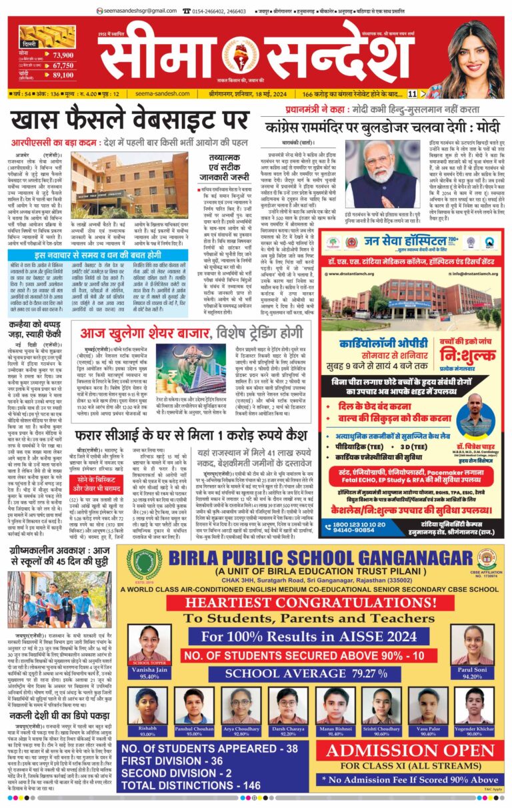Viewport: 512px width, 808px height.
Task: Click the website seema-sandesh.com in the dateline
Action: pyautogui.click(x=164, y=94)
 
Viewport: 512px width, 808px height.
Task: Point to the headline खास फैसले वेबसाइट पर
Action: pyautogui.click(x=127, y=121)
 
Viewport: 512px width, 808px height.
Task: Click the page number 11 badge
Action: pyautogui.click(x=413, y=94)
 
